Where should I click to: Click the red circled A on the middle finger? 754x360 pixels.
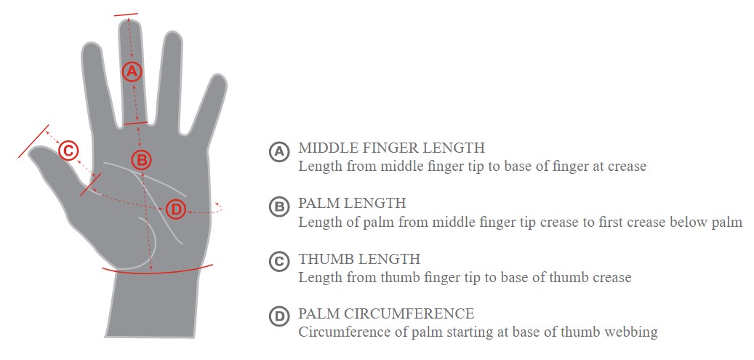tap(132, 72)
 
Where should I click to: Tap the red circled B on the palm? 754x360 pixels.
tap(141, 159)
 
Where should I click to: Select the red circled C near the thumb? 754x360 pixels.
tap(68, 151)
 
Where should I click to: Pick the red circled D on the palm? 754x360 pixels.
tap(175, 210)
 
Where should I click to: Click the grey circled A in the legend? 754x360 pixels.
tap(279, 152)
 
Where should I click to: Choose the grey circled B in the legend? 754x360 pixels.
tap(279, 207)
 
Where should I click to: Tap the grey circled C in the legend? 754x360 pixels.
tap(279, 262)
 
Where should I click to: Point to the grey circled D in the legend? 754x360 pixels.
tap(279, 317)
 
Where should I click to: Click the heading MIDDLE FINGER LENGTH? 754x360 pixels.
tap(391, 147)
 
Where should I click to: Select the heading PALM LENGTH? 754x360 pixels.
tap(352, 203)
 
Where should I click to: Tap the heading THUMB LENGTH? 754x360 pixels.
tap(359, 258)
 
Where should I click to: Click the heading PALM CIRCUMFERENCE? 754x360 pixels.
tap(386, 313)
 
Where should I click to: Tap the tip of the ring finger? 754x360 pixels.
tap(173, 34)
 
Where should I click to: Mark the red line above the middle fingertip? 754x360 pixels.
tap(126, 15)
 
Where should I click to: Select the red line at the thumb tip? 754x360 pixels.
tap(33, 141)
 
